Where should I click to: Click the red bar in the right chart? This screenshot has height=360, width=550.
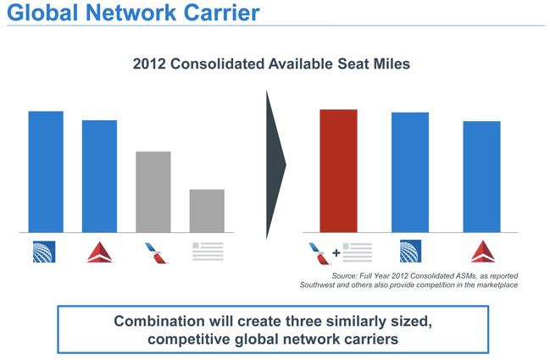pos(338,171)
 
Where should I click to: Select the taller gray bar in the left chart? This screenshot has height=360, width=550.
pos(153,191)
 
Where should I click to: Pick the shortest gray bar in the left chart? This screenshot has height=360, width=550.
pos(207,211)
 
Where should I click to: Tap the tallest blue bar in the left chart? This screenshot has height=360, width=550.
pos(46,172)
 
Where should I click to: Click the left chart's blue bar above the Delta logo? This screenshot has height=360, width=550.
pos(100,176)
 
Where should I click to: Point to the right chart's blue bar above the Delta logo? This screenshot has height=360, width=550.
pos(481,177)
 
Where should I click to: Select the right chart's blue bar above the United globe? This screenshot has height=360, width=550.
pos(410,172)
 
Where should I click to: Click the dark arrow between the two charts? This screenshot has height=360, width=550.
pos(275,164)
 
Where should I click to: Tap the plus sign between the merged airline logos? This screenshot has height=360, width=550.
pos(336,252)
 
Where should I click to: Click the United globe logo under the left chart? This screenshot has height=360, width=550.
pos(44,252)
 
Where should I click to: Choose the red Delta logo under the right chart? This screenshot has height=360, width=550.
pos(483,251)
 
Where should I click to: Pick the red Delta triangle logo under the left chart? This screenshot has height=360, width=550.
pos(100,252)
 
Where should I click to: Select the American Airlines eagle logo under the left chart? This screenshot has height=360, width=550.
pos(156,253)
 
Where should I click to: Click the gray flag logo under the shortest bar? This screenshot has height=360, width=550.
pos(208,252)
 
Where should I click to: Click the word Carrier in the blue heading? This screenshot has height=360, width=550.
pos(222,13)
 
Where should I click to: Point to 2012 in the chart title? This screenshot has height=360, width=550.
pos(149,64)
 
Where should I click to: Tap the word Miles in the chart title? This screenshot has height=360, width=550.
pos(392,64)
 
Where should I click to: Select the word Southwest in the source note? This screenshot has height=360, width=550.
pos(317,285)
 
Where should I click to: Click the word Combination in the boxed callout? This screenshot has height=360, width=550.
pos(159,321)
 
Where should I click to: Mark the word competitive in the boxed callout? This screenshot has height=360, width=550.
pos(189,340)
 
